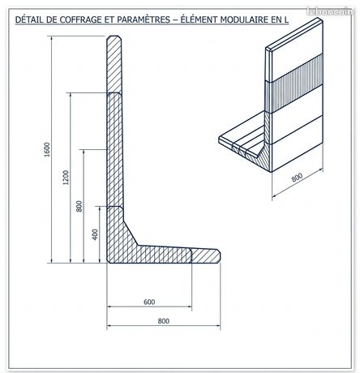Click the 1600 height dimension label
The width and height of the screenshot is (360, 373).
click(x=47, y=149)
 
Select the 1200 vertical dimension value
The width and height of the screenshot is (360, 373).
click(x=66, y=178)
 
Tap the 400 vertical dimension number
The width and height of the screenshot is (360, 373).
click(x=95, y=234)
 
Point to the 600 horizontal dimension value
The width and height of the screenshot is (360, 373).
click(x=149, y=302)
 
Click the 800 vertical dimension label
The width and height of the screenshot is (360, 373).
click(x=79, y=206)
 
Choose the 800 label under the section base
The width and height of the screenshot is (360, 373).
click(x=164, y=321)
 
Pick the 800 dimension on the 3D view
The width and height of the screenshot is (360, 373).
click(x=297, y=178)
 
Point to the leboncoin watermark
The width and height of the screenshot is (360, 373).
click(x=330, y=11)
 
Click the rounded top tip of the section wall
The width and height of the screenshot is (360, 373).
click(x=114, y=37)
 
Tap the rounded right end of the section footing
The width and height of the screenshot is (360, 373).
click(x=218, y=255)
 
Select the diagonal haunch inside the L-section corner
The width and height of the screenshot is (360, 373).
click(x=131, y=234)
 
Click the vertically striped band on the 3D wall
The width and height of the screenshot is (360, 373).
click(x=294, y=83)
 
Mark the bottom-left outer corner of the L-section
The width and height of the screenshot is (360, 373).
click(x=107, y=262)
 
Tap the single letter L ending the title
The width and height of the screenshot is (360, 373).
click(x=286, y=19)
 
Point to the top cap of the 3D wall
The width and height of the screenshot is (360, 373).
click(x=294, y=34)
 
